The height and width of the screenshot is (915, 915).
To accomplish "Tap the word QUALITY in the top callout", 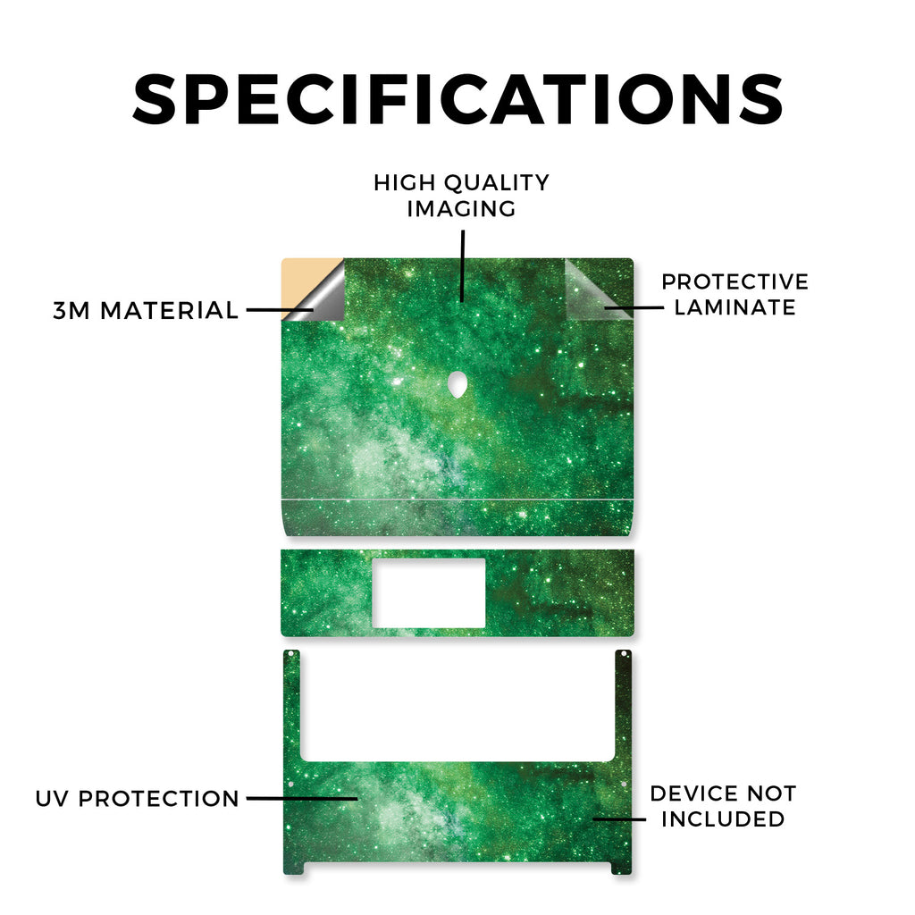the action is click(497, 183).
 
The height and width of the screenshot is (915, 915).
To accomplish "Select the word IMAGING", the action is click(462, 209).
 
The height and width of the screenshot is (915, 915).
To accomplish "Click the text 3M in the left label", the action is click(71, 310).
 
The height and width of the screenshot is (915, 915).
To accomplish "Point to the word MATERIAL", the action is click(169, 310).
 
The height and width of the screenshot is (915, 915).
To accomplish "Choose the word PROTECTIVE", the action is click(735, 281).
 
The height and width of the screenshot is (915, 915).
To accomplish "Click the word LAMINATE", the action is click(735, 307).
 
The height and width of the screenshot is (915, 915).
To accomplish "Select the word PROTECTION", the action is click(159, 799).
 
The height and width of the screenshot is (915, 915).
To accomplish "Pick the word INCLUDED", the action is click(723, 819).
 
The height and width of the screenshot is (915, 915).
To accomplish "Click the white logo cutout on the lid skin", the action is click(458, 384).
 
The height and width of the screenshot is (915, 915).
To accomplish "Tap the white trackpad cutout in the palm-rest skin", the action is click(428, 593).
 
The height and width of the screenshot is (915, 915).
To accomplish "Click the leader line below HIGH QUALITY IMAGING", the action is click(463, 266).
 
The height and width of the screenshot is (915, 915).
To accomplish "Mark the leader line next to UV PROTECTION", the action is click(302, 798).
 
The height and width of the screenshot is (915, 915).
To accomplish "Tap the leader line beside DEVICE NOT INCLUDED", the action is click(619, 819).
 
